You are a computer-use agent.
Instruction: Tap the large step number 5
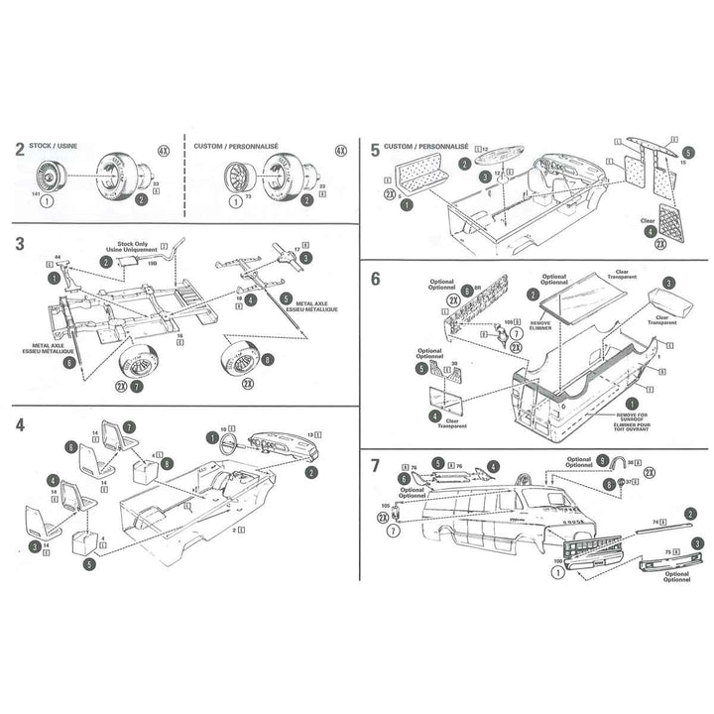tap(374, 150)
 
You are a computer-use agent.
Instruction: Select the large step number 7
tap(374, 466)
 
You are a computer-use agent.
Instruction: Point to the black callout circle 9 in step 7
tap(603, 461)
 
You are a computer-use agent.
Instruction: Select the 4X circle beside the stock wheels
tap(163, 154)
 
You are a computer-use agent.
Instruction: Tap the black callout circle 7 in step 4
tap(129, 427)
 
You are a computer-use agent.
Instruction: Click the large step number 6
tap(374, 279)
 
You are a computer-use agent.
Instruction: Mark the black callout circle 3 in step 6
tap(670, 284)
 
